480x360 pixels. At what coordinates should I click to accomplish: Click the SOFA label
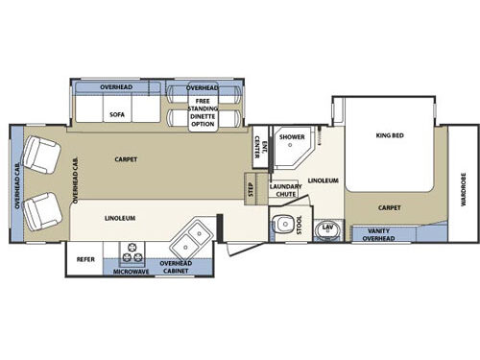(x=117, y=114)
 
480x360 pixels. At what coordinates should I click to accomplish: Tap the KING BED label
(x=390, y=135)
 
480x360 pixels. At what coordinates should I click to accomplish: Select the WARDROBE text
(x=464, y=189)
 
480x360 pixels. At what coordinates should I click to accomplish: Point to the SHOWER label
(x=292, y=137)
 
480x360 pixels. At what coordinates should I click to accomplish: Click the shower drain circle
(x=290, y=145)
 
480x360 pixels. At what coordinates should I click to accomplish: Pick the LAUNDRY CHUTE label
(x=286, y=190)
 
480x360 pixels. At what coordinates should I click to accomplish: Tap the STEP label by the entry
(x=251, y=189)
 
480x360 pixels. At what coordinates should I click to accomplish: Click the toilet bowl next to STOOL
(x=283, y=224)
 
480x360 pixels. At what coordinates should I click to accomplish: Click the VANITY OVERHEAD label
(x=378, y=234)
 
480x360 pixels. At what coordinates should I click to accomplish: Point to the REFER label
(x=85, y=259)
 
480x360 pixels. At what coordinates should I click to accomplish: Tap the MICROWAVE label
(x=132, y=272)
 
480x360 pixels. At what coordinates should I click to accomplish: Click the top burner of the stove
(x=132, y=248)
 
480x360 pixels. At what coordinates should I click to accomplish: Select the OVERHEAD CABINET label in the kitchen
(x=176, y=267)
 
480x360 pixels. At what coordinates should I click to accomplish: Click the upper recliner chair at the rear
(x=40, y=155)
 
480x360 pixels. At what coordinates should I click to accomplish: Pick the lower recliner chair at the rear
(x=42, y=211)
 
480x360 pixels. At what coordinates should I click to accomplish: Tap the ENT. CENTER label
(x=261, y=147)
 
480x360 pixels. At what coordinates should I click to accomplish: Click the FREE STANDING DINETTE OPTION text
(x=203, y=112)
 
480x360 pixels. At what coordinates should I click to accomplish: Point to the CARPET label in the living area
(x=126, y=159)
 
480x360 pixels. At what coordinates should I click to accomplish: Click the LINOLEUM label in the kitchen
(x=120, y=218)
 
